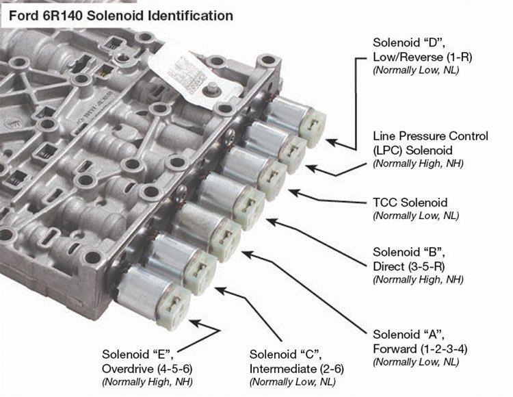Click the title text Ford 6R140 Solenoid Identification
tap(120, 15)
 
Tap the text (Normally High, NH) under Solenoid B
tap(418, 279)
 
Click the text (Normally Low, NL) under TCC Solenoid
tap(415, 216)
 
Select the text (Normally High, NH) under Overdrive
tap(147, 381)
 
